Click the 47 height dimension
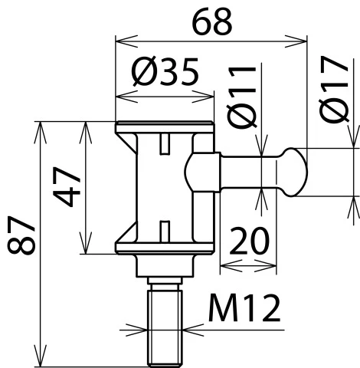[x=67, y=187]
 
